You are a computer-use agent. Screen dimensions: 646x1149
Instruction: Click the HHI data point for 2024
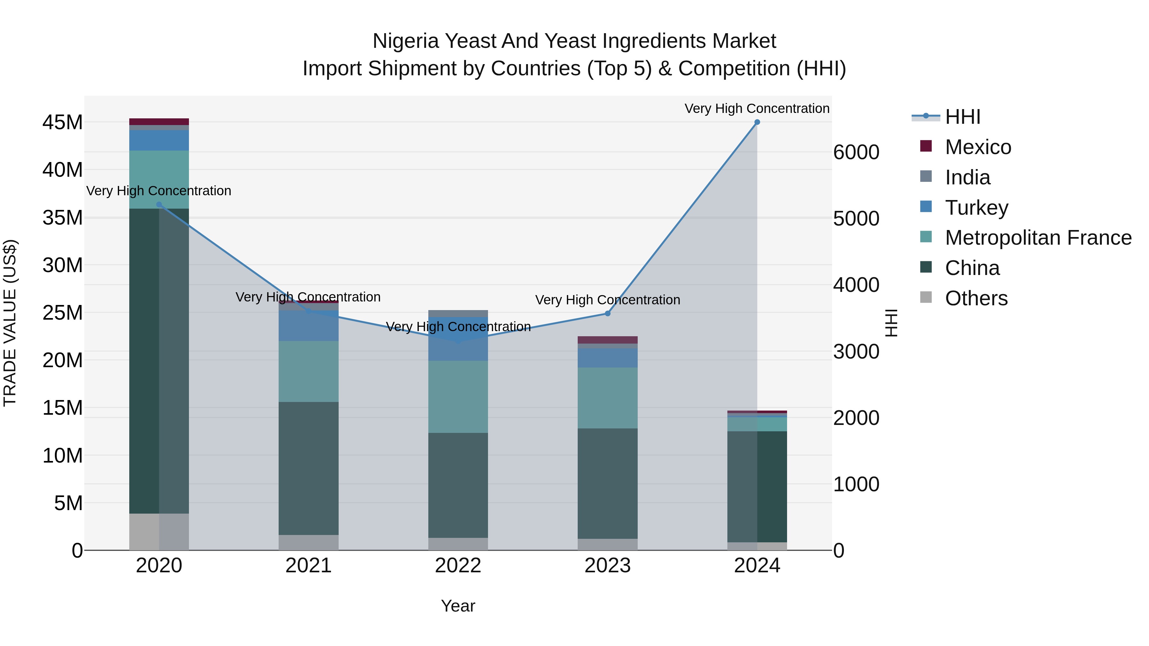click(x=757, y=122)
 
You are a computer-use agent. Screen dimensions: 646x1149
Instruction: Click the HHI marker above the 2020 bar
click(x=159, y=204)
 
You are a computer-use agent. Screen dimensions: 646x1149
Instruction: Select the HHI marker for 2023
click(x=607, y=313)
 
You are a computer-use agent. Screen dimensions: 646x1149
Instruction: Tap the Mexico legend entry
click(x=978, y=147)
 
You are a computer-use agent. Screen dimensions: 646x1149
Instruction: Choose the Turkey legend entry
click(x=976, y=208)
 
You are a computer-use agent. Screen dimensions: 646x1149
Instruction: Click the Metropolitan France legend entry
click(x=1038, y=238)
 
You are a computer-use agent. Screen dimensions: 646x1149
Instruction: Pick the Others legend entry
click(x=976, y=298)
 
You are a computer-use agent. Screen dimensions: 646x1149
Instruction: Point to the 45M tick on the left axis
click(x=63, y=122)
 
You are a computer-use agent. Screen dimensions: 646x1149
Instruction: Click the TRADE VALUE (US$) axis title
click(x=10, y=323)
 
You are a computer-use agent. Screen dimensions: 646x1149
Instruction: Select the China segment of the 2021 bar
click(x=309, y=468)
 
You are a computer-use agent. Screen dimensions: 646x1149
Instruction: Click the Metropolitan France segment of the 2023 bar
click(x=607, y=398)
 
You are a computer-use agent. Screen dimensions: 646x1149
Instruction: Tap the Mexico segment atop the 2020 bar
click(x=159, y=122)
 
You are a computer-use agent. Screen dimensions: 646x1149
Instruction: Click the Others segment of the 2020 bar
click(x=159, y=531)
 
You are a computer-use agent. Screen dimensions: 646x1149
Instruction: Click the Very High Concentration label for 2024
click(x=757, y=108)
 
